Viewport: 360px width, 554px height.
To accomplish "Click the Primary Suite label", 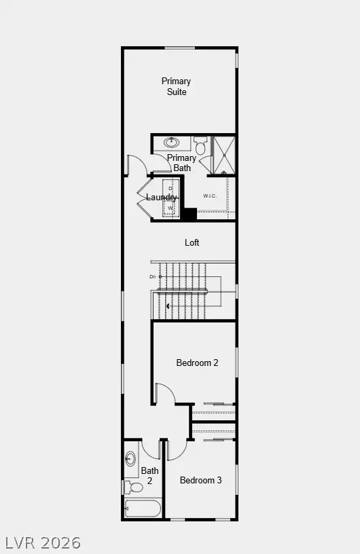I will [x=176, y=86].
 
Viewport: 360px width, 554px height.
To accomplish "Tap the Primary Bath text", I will [x=181, y=163].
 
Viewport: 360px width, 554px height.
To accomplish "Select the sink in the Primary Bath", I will [x=172, y=143].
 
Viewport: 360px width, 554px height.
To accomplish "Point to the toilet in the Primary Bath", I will [x=200, y=146].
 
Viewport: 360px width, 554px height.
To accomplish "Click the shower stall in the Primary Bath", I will [x=223, y=155].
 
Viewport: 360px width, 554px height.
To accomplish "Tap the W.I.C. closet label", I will [x=209, y=197].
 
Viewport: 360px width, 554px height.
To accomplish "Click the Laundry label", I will [x=162, y=198].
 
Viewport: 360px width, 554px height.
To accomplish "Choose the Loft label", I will [x=192, y=242].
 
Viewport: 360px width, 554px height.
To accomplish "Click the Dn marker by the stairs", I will [x=153, y=276].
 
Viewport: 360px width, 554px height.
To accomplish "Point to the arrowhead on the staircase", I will [x=168, y=306].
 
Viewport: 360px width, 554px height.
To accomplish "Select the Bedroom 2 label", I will [x=197, y=363].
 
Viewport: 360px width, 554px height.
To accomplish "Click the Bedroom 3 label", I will [x=200, y=480].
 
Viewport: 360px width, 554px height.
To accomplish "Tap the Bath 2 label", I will [x=150, y=475].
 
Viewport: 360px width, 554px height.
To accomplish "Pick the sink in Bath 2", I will [x=130, y=460].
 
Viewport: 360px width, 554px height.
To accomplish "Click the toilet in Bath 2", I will [x=134, y=487].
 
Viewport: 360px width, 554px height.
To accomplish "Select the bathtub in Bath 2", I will [x=143, y=509].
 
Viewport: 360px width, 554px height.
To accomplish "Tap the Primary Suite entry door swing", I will [x=136, y=165].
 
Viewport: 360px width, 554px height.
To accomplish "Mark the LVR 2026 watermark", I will [x=43, y=542].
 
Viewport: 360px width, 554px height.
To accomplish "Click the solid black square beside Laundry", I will [x=188, y=214].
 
